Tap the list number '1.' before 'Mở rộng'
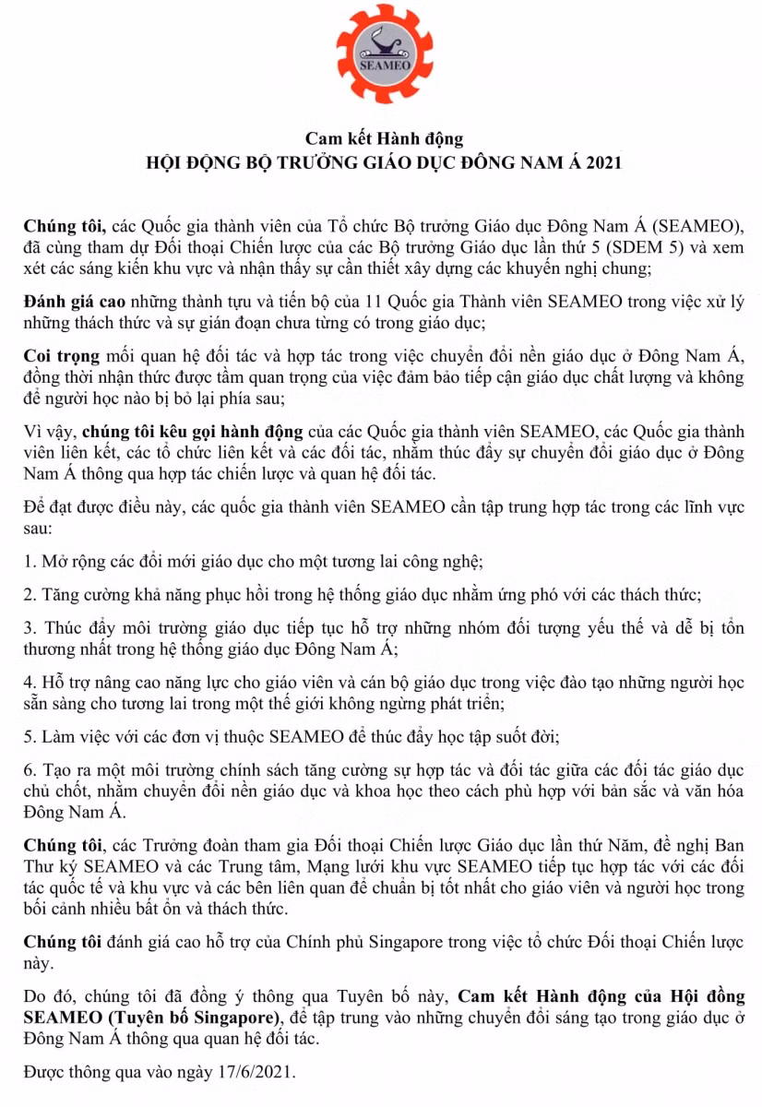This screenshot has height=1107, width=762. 30,560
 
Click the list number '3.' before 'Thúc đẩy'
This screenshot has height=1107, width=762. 30,627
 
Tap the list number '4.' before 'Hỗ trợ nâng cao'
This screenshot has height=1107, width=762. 30,684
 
